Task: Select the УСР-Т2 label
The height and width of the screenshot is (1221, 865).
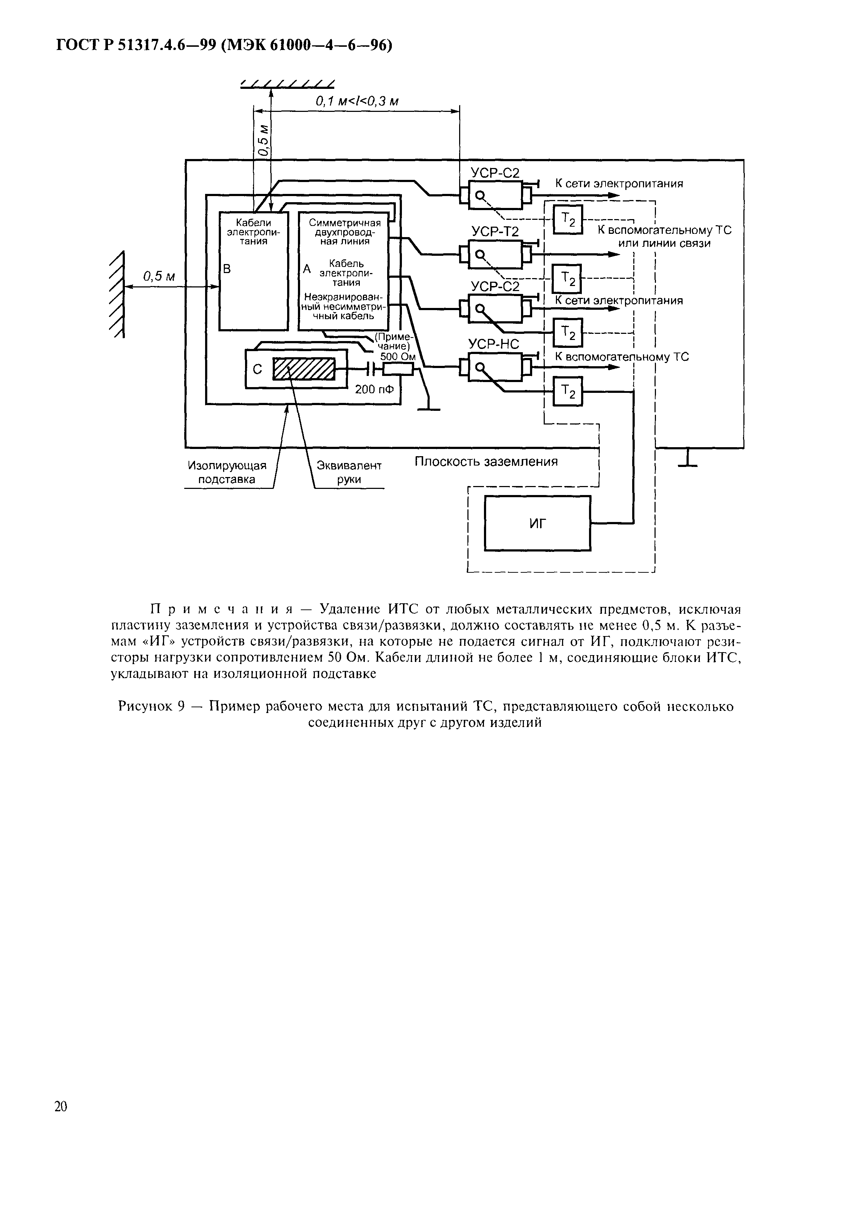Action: pos(495,231)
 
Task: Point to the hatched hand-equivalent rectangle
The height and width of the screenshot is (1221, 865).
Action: pos(304,368)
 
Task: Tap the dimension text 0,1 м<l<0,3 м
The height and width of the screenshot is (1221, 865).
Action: pos(357,101)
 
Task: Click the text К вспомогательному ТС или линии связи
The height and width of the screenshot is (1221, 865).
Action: pos(664,236)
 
